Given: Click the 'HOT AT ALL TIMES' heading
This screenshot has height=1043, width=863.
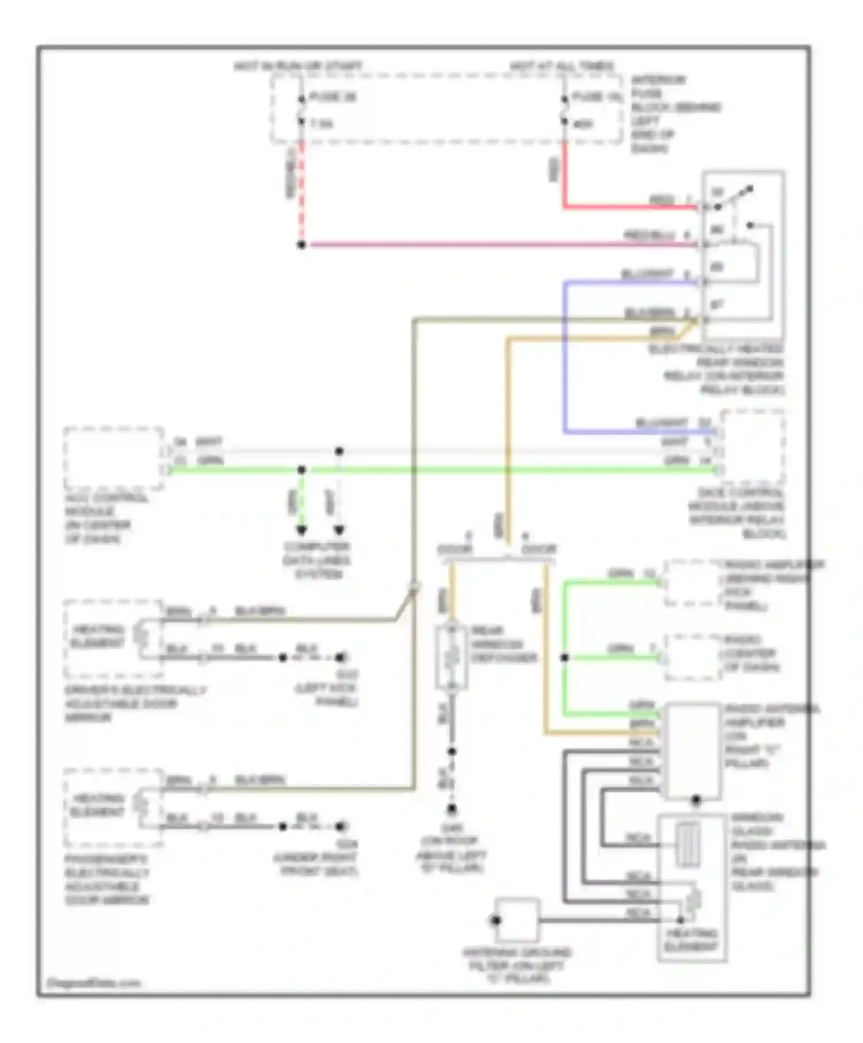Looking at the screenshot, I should (x=562, y=67).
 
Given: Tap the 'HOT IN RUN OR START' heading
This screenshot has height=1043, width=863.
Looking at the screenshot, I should (x=298, y=67).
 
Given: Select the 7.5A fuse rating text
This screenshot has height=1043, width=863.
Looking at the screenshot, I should (x=322, y=124).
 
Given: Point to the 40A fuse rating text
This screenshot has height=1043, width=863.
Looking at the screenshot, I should (x=583, y=124).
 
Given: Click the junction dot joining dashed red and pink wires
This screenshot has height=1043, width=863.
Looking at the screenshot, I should (x=301, y=245).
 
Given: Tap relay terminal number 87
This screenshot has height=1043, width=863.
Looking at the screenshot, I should (x=716, y=305).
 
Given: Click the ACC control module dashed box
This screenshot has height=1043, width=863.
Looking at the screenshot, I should (x=113, y=458).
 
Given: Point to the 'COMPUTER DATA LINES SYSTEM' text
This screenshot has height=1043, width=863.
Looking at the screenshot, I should (x=316, y=560).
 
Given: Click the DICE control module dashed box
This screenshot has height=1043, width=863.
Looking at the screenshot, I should (x=753, y=447).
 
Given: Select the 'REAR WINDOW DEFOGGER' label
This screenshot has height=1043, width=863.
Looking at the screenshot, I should (x=503, y=644).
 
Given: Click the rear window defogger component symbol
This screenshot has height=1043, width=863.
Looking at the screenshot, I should (x=452, y=657).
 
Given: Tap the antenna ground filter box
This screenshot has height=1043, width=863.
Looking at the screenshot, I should (x=517, y=920).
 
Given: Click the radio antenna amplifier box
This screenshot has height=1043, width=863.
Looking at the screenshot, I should (x=692, y=751).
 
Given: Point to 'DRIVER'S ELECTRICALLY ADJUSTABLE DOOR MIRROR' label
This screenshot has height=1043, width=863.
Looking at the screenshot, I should (x=135, y=704).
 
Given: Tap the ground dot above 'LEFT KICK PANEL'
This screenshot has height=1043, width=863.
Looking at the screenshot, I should (x=341, y=657).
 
